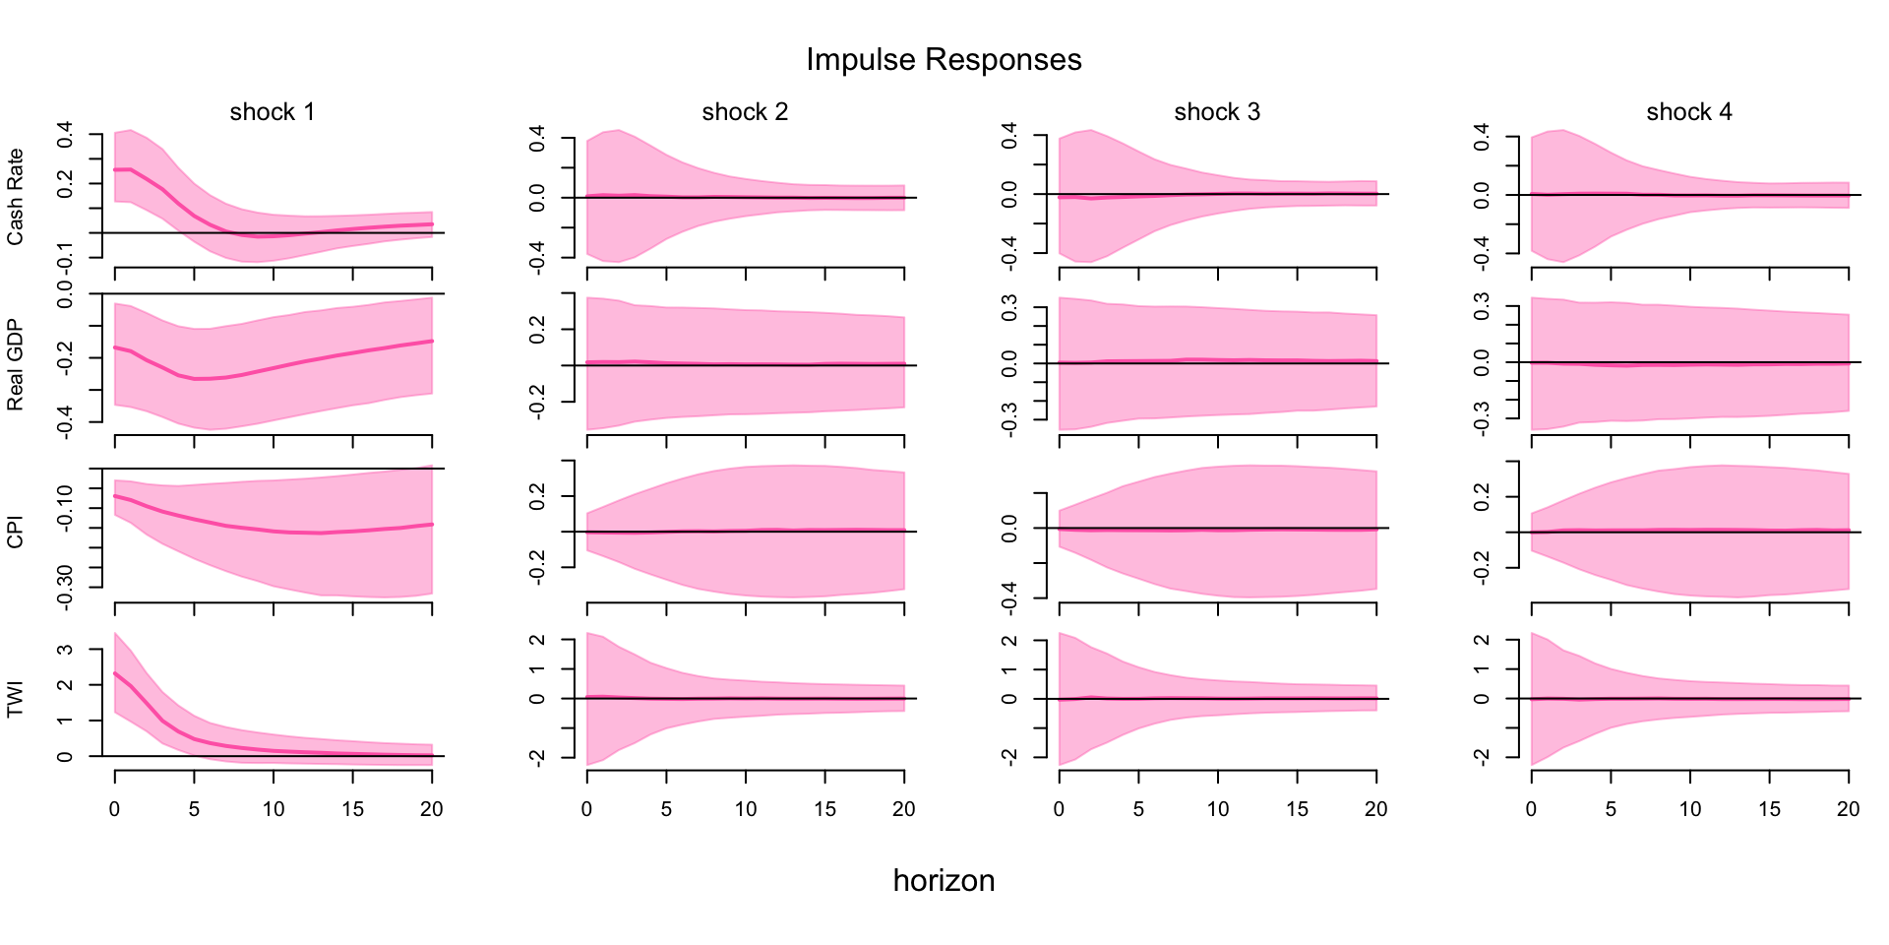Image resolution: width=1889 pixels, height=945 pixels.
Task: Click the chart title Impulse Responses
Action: click(944, 60)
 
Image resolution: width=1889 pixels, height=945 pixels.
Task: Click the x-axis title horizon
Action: click(944, 880)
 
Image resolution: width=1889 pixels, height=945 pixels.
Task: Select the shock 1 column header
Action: click(273, 112)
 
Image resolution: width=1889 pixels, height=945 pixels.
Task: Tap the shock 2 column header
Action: click(745, 112)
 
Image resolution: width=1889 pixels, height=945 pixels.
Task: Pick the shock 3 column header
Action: click(1217, 112)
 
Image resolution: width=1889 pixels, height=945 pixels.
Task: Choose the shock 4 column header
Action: click(1689, 112)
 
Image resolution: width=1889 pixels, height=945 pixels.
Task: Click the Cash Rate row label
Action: click(16, 197)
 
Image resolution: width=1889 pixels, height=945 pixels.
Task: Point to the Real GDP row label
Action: click(16, 365)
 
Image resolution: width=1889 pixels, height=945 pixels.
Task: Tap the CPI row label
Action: click(16, 533)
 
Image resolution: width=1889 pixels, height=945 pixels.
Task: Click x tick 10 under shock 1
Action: click(274, 809)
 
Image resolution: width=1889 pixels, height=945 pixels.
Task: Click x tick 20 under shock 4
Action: click(1849, 809)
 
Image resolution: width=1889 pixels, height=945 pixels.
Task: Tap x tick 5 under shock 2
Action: click(666, 809)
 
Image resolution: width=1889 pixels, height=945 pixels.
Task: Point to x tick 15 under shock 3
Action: click(1297, 809)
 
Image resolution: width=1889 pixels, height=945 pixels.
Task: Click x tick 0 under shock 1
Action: click(115, 809)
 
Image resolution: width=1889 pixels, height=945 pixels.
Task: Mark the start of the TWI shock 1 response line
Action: click(115, 673)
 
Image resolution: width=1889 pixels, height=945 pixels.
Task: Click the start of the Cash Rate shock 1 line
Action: click(115, 170)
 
